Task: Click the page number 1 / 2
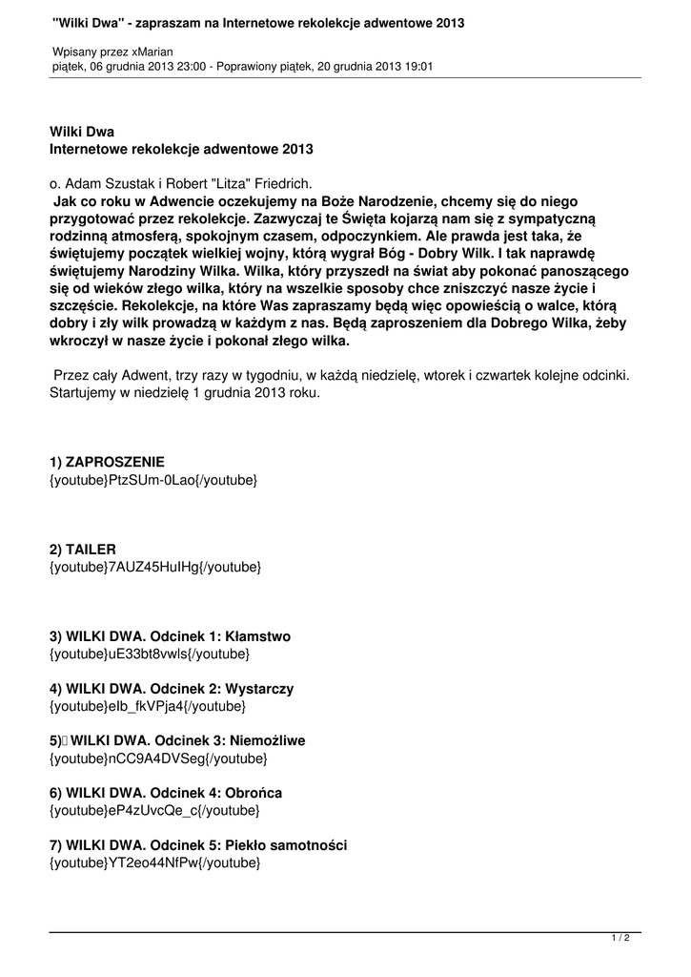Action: [x=620, y=939]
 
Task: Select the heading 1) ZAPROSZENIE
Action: [x=107, y=461]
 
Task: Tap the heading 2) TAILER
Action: [x=83, y=550]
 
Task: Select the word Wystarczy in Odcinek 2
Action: [x=260, y=688]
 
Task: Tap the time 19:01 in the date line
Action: [x=417, y=67]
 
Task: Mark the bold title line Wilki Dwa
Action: [x=82, y=132]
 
